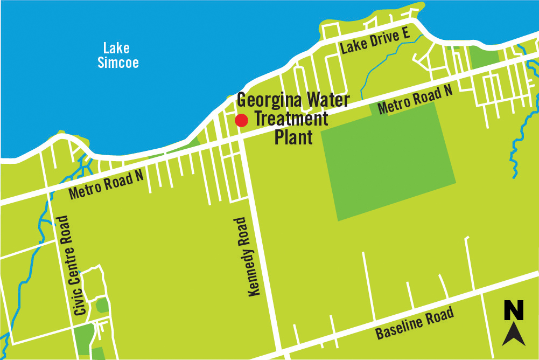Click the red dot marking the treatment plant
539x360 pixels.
click(241, 121)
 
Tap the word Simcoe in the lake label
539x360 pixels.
click(118, 63)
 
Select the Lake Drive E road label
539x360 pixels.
click(375, 41)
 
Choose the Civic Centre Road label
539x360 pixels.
click(72, 265)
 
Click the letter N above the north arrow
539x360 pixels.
click(514, 311)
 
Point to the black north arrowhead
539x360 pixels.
click(514, 334)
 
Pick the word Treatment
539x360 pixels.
click(291, 119)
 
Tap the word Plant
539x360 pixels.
click(293, 137)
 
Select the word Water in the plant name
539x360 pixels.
click(327, 100)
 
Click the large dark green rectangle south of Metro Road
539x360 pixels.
click(388, 162)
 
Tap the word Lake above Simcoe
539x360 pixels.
click(117, 49)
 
